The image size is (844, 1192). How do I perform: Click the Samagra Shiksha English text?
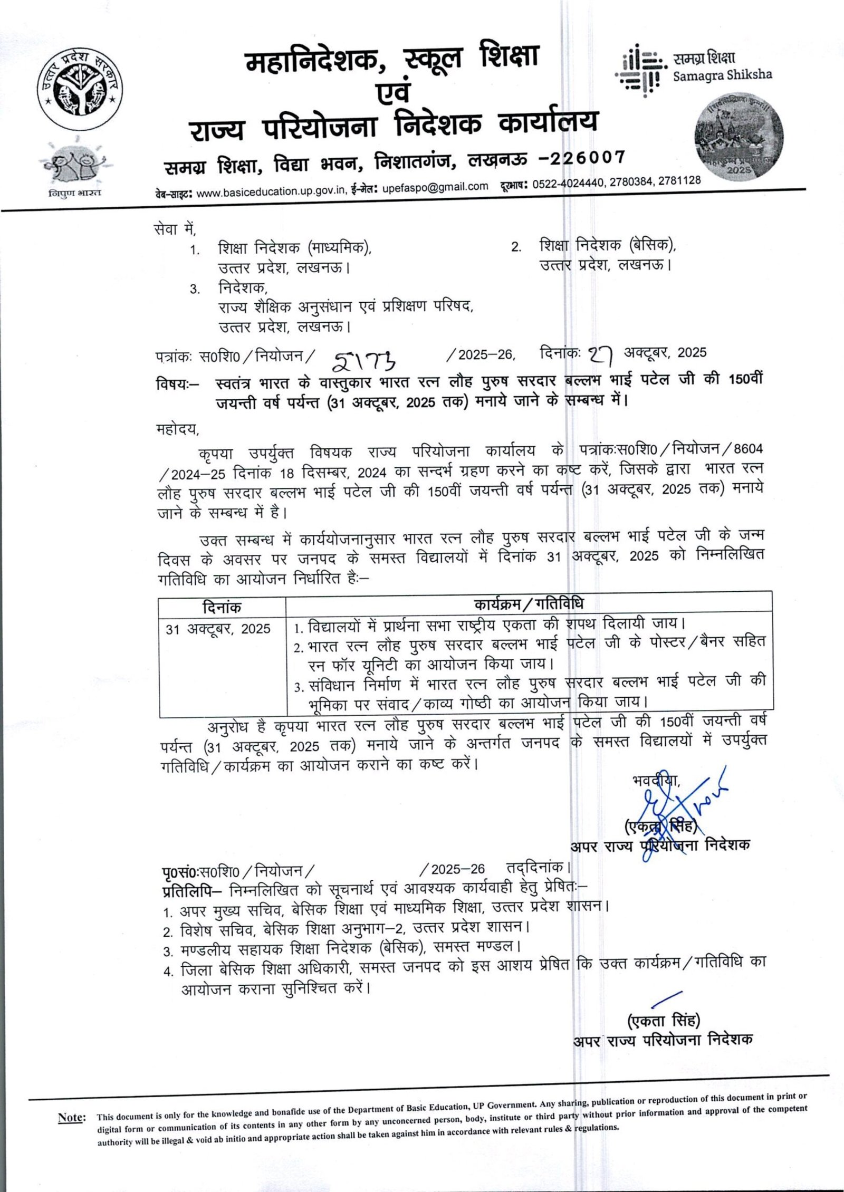(x=722, y=75)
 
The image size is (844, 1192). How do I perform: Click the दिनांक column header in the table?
(x=222, y=607)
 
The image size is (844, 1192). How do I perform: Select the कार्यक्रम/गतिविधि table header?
(x=528, y=604)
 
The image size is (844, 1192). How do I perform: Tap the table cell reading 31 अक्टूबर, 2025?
(x=218, y=629)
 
